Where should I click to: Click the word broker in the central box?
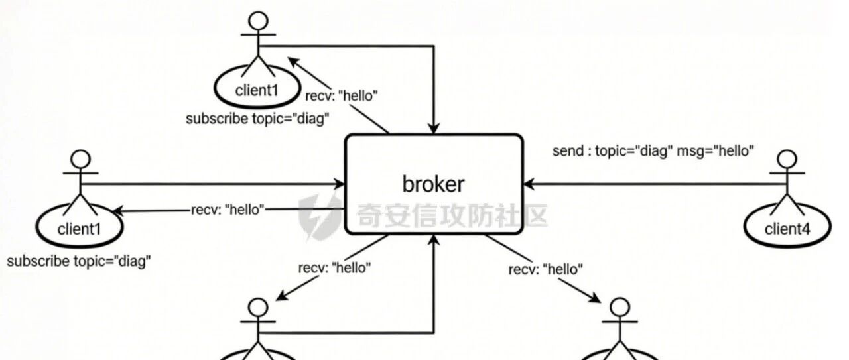click(x=433, y=184)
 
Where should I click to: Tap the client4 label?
click(x=787, y=229)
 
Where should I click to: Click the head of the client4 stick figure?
click(x=787, y=160)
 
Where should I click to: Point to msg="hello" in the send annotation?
click(x=715, y=150)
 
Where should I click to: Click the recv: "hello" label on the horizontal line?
click(x=228, y=210)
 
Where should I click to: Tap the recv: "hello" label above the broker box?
click(x=342, y=96)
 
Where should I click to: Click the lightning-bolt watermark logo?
click(x=320, y=216)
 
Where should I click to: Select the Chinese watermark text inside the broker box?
click(x=452, y=215)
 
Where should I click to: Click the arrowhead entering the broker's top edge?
click(x=434, y=129)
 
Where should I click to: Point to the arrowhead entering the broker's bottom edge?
click(x=434, y=240)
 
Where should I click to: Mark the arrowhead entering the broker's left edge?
click(x=339, y=184)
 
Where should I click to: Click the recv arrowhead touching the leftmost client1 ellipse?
click(x=119, y=211)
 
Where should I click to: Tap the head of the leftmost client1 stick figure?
click(x=81, y=160)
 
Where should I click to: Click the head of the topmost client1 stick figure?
click(x=258, y=21)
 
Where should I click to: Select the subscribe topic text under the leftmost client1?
click(x=79, y=261)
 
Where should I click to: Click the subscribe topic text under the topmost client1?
click(x=257, y=119)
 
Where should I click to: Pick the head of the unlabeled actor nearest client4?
click(x=620, y=308)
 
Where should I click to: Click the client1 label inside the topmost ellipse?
click(x=257, y=90)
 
